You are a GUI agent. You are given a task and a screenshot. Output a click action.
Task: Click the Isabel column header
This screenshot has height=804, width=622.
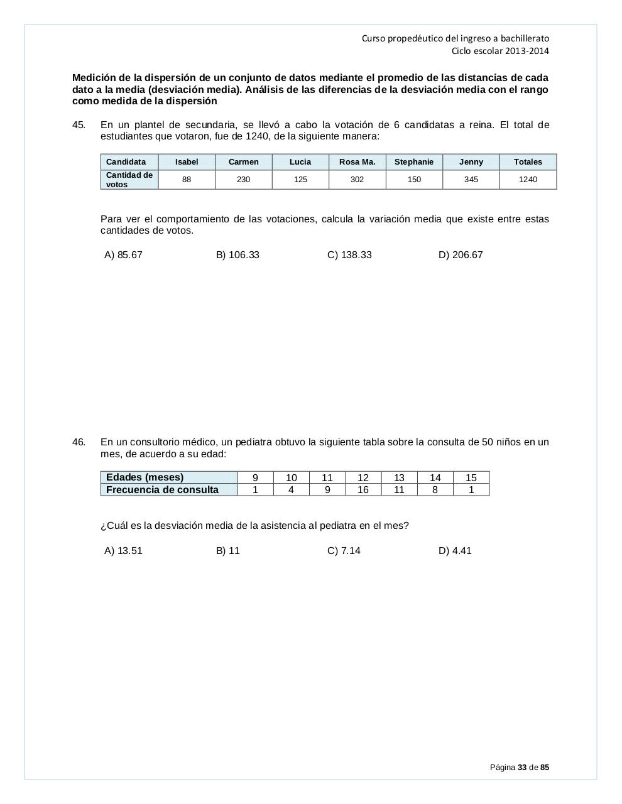(x=187, y=162)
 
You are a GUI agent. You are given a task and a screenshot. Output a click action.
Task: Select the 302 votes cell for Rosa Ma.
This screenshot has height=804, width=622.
(x=357, y=180)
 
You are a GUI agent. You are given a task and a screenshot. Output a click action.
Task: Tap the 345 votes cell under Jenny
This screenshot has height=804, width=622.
(x=471, y=180)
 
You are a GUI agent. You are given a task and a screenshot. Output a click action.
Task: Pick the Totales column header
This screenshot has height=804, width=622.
(x=528, y=162)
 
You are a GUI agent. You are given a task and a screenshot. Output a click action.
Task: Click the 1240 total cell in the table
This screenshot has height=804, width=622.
(x=528, y=180)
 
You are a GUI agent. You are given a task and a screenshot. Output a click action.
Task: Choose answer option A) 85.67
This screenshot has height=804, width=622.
(x=123, y=255)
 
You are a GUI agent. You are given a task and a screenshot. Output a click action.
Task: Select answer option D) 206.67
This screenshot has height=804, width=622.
(x=461, y=255)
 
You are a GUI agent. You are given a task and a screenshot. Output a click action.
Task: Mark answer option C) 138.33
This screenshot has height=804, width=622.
(x=349, y=255)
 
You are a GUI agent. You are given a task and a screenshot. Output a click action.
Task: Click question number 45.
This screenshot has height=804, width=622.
(x=79, y=125)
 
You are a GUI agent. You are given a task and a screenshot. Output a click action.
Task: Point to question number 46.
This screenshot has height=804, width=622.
(x=79, y=442)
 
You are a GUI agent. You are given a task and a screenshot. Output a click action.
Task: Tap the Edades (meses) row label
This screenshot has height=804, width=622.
(x=145, y=477)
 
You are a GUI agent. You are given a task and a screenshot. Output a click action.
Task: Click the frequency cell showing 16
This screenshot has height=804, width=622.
(x=363, y=490)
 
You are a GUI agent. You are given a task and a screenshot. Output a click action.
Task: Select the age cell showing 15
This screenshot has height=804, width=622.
(x=471, y=478)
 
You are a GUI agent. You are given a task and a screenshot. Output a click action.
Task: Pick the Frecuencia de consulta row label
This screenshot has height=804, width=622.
(x=162, y=490)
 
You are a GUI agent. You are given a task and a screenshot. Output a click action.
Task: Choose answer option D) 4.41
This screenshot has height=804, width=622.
(x=455, y=551)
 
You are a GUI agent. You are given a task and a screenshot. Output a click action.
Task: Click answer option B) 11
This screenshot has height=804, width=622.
(x=228, y=551)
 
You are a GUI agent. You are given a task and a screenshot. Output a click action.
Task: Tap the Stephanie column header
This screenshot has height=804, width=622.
(x=414, y=162)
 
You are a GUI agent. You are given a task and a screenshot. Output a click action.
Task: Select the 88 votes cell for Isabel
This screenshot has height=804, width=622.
(x=187, y=180)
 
